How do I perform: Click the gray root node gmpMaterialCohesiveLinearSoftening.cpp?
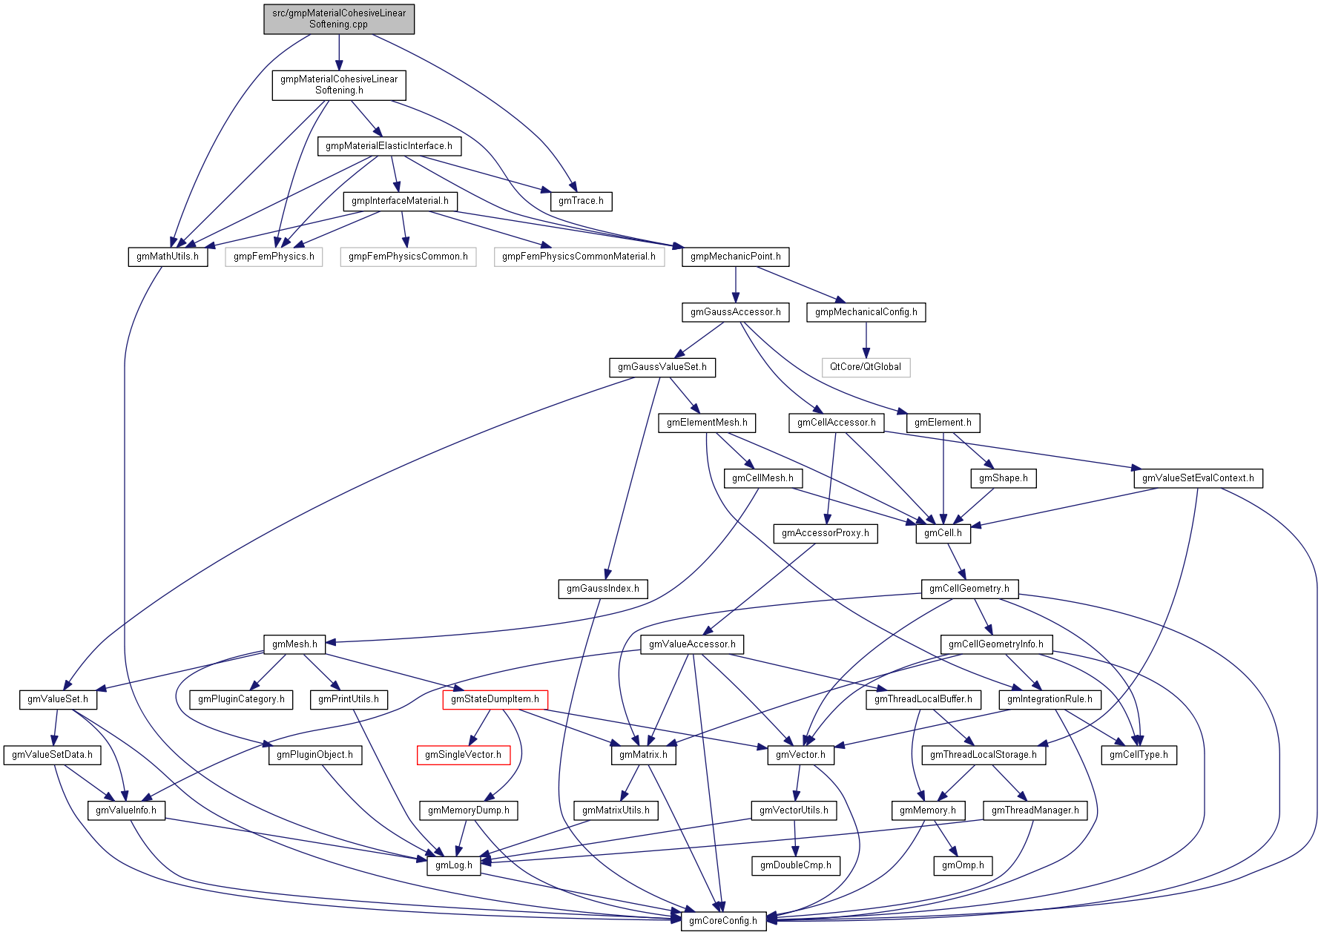click(x=339, y=19)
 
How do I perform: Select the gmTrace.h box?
click(x=581, y=201)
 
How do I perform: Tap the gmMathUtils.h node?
click(x=168, y=257)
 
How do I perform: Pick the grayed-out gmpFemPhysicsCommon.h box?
click(x=408, y=257)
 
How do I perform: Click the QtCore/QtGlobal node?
click(x=865, y=367)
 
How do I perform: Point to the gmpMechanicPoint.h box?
click(x=735, y=257)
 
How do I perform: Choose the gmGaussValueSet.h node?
click(x=662, y=367)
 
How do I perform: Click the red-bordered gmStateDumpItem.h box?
click(x=495, y=699)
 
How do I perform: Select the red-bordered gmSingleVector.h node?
click(x=463, y=755)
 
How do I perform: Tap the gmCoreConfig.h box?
click(x=723, y=921)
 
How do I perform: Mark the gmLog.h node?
click(x=453, y=865)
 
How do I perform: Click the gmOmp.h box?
click(x=963, y=865)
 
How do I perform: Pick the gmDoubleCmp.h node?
click(x=795, y=865)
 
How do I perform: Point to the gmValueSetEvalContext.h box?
click(x=1197, y=478)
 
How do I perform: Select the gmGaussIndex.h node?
click(x=602, y=589)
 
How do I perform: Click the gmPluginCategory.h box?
click(x=241, y=699)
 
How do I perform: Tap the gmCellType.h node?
click(x=1139, y=755)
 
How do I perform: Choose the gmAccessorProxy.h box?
click(x=825, y=533)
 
